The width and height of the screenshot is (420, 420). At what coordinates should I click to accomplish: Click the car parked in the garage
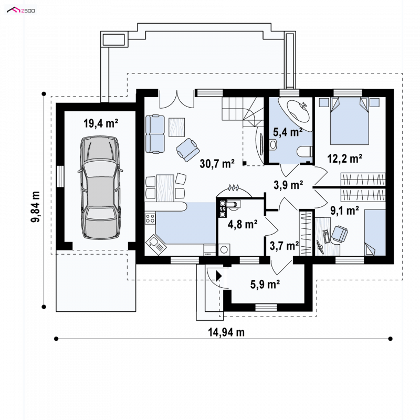click(x=100, y=187)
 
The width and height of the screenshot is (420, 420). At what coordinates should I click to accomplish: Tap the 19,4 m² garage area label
click(x=101, y=123)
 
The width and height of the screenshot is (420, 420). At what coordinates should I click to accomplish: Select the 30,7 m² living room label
click(x=217, y=163)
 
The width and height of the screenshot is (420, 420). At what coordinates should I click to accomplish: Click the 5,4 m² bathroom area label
click(x=288, y=132)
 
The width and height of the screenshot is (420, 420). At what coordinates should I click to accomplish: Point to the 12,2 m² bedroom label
click(x=345, y=159)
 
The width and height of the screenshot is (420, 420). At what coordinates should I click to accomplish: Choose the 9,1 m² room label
click(x=344, y=211)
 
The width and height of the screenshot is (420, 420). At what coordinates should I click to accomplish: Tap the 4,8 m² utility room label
click(x=243, y=224)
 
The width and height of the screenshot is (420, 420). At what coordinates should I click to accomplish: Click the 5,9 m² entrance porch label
click(x=265, y=284)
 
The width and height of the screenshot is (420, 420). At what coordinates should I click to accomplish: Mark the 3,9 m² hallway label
click(x=288, y=185)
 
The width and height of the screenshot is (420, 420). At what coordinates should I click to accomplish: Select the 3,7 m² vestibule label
click(x=284, y=246)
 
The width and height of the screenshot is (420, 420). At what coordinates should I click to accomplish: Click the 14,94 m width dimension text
click(x=226, y=332)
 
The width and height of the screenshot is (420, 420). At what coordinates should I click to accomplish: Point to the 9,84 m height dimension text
click(x=36, y=206)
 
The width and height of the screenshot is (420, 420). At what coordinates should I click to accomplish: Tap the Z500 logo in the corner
click(x=21, y=10)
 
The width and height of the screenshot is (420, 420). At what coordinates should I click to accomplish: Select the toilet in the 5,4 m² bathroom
click(x=305, y=152)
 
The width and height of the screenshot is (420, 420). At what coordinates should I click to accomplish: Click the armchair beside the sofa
click(x=188, y=150)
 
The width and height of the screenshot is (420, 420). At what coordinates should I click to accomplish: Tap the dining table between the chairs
click(x=165, y=188)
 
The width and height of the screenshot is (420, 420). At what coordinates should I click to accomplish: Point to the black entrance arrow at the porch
click(x=219, y=276)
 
